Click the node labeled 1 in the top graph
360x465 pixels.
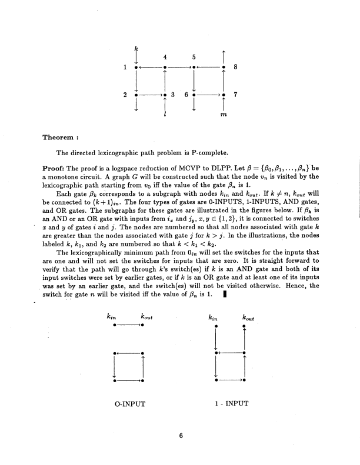click(x=136, y=68)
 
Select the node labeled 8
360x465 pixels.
click(x=224, y=68)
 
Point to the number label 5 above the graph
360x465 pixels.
click(x=194, y=57)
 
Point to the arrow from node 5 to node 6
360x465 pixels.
click(x=194, y=81)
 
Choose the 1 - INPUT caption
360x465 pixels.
click(x=229, y=404)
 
